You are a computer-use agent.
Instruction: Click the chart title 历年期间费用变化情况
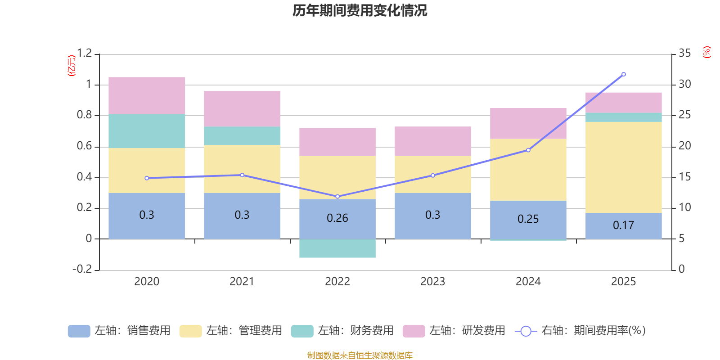[x=360, y=11]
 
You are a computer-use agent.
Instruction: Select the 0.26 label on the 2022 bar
[x=337, y=218]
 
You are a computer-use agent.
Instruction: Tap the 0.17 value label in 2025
[x=623, y=225]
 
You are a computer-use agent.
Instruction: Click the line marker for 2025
[x=624, y=74]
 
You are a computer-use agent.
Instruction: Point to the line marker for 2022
[x=337, y=196]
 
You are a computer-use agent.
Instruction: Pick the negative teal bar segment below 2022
[x=337, y=248]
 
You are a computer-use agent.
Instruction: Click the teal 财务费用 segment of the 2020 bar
[x=147, y=131]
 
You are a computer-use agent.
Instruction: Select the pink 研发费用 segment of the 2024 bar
[x=528, y=123]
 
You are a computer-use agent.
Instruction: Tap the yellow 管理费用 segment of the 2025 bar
[x=624, y=167]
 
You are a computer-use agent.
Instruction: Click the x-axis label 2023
[x=432, y=282]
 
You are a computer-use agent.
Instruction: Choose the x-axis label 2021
[x=242, y=282]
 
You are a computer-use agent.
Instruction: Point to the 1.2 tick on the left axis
[x=85, y=53]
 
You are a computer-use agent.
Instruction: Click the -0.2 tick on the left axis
[x=82, y=269]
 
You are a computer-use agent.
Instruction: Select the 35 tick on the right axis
[x=684, y=53]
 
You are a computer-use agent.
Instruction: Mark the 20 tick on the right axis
[x=684, y=146]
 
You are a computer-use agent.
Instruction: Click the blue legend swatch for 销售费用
[x=79, y=331]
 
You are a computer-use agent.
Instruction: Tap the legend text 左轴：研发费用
[x=468, y=331]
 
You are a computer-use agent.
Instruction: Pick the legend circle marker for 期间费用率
[x=526, y=331]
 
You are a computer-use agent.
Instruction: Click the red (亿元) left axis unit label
[x=72, y=66]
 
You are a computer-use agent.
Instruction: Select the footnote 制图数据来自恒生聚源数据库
[x=360, y=355]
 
